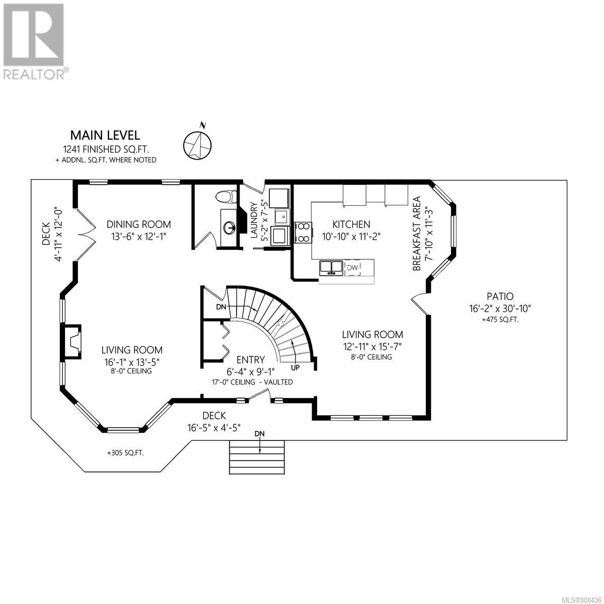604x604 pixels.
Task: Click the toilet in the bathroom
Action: (226, 197)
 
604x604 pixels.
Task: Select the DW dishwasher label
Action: (353, 267)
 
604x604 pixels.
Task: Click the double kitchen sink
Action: (330, 268)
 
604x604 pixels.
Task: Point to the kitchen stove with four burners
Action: (303, 232)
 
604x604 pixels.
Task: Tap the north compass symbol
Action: (197, 144)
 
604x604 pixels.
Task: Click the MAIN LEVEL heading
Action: (105, 135)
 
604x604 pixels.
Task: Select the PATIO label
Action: (500, 296)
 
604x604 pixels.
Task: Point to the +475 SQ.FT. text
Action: (500, 320)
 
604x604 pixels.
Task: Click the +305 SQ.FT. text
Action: (126, 452)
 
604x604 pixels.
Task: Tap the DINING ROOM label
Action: (139, 224)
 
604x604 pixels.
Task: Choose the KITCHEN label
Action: (351, 224)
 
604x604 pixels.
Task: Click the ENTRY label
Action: (251, 359)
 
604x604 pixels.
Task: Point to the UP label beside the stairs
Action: (295, 368)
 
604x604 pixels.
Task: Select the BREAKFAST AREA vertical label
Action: (417, 234)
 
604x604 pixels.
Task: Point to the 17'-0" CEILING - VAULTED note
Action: (252, 383)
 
